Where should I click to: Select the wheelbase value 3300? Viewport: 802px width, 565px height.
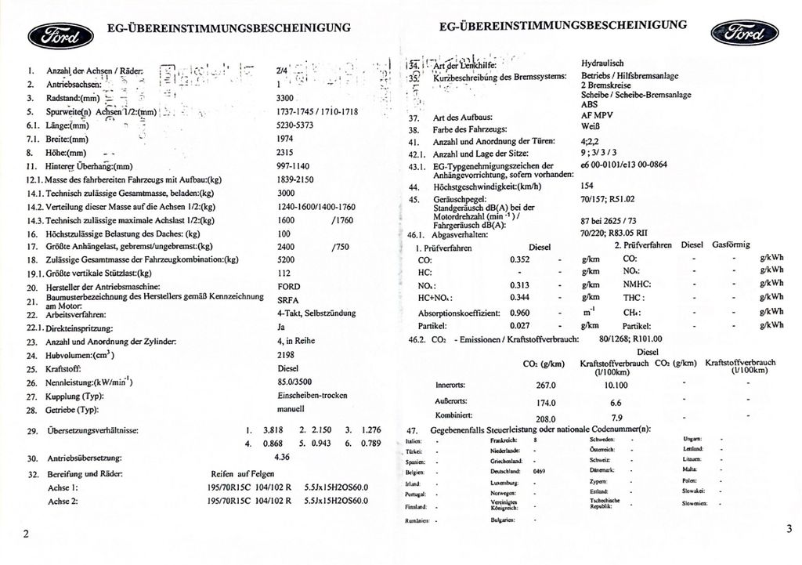(x=285, y=98)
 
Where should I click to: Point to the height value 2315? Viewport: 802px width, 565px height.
(x=285, y=153)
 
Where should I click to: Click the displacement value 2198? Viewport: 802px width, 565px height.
(x=286, y=354)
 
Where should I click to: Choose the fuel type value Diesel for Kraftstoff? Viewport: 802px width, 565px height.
(x=288, y=368)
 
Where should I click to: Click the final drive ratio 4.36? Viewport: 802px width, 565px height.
(x=282, y=456)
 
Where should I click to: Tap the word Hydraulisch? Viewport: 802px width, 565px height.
(x=602, y=63)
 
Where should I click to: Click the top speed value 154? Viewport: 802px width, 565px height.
(x=587, y=187)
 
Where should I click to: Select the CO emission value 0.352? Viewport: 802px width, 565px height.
(x=520, y=259)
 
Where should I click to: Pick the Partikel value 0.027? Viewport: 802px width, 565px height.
(x=520, y=324)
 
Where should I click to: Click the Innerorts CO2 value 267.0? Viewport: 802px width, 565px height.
(x=545, y=386)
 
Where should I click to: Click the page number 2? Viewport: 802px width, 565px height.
(x=26, y=534)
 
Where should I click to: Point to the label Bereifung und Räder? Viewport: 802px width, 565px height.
(x=85, y=474)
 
